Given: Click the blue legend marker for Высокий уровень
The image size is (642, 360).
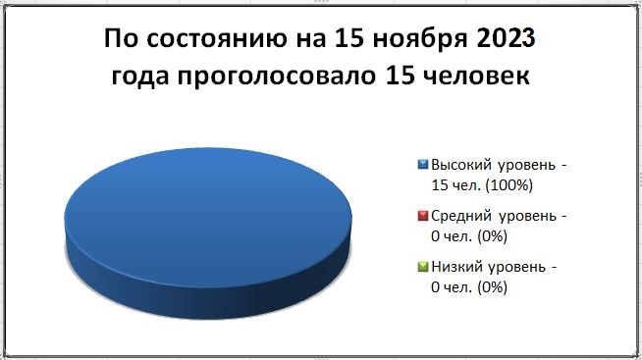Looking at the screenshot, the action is (422, 165).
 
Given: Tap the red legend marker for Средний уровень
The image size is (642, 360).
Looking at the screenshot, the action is (422, 216).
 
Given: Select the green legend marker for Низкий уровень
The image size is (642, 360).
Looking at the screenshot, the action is (422, 267).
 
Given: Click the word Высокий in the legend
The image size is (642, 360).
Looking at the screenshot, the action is (461, 165).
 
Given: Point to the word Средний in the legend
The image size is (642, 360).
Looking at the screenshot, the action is (461, 216).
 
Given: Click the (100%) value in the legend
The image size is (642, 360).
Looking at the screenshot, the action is (508, 185).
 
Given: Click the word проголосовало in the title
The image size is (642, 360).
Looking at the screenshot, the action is (277, 77).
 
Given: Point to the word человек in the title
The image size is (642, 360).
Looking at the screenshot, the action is (476, 76).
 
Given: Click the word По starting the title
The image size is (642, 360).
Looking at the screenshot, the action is (122, 38).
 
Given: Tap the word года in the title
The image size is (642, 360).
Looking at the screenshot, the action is (140, 77).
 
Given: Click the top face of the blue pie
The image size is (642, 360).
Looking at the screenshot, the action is (208, 217).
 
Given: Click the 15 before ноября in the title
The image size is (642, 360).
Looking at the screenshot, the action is (350, 39).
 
